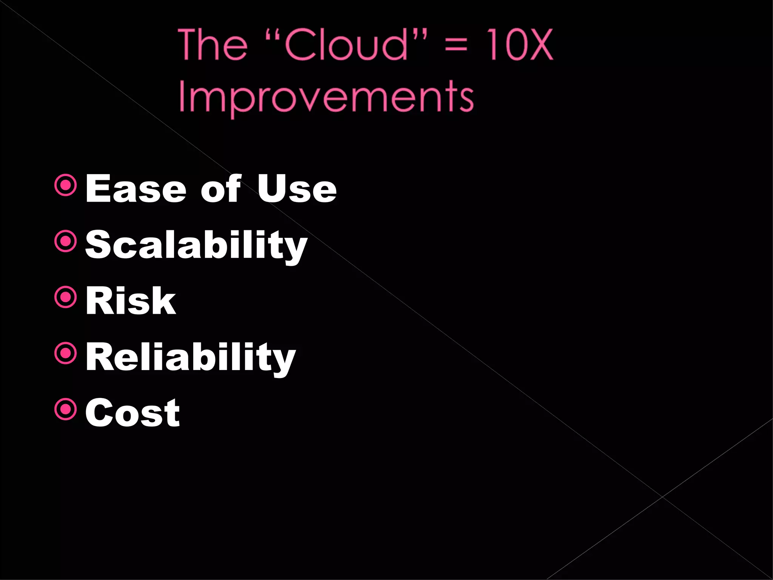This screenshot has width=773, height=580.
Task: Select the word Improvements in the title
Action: point(326,97)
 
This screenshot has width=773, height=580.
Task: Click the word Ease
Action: point(136,189)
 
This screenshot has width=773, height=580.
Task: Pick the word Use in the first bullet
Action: point(297,189)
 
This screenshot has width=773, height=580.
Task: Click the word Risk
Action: point(131,301)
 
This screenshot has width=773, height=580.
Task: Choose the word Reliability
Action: point(191,357)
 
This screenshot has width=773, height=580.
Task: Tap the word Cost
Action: point(132,413)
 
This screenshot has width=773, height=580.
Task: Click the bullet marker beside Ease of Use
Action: point(66,185)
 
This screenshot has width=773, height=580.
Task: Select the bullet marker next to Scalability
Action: point(66,241)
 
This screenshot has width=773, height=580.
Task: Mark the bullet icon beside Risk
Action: point(66,297)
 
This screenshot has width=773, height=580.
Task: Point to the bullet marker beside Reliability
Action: point(66,353)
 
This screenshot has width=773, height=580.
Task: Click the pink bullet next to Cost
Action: point(66,409)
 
